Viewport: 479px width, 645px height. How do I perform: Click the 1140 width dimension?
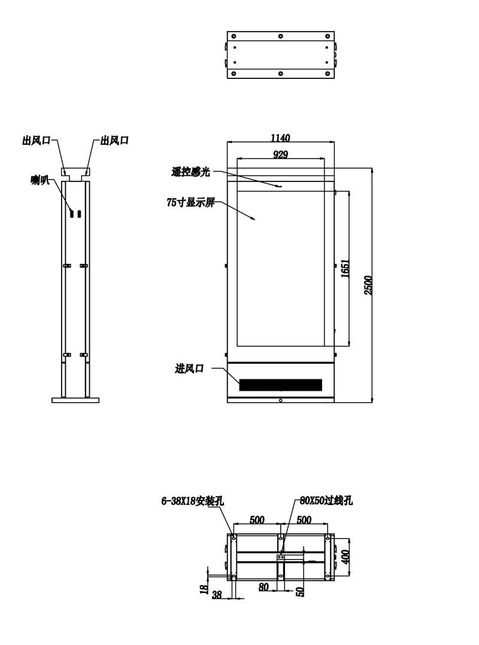tap(280, 138)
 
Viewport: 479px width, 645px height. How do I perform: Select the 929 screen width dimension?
tap(280, 154)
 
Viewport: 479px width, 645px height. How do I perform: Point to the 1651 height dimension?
tap(345, 268)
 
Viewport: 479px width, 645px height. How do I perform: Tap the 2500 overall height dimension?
tap(368, 285)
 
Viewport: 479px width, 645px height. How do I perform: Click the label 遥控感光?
tap(190, 172)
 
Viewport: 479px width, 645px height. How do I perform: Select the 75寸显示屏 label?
tap(190, 202)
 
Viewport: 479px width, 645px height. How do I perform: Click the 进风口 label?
tap(189, 368)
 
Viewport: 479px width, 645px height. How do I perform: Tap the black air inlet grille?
tap(280, 385)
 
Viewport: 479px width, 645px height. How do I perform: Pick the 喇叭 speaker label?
tap(40, 179)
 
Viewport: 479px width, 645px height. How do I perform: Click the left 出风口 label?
tap(36, 140)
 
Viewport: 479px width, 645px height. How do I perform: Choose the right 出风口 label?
tap(115, 140)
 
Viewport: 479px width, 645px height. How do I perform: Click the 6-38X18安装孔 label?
tap(193, 501)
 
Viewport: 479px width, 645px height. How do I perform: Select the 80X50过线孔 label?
tap(326, 500)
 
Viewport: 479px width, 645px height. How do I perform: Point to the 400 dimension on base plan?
tap(345, 556)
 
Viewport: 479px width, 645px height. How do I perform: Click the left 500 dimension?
tap(257, 519)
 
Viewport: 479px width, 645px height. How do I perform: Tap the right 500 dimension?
tap(304, 519)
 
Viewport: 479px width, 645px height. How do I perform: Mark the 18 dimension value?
tap(204, 589)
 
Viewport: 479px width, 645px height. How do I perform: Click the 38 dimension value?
tap(217, 594)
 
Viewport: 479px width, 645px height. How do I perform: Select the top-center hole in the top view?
tap(280, 36)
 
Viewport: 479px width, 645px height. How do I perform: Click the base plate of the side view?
tap(75, 400)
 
